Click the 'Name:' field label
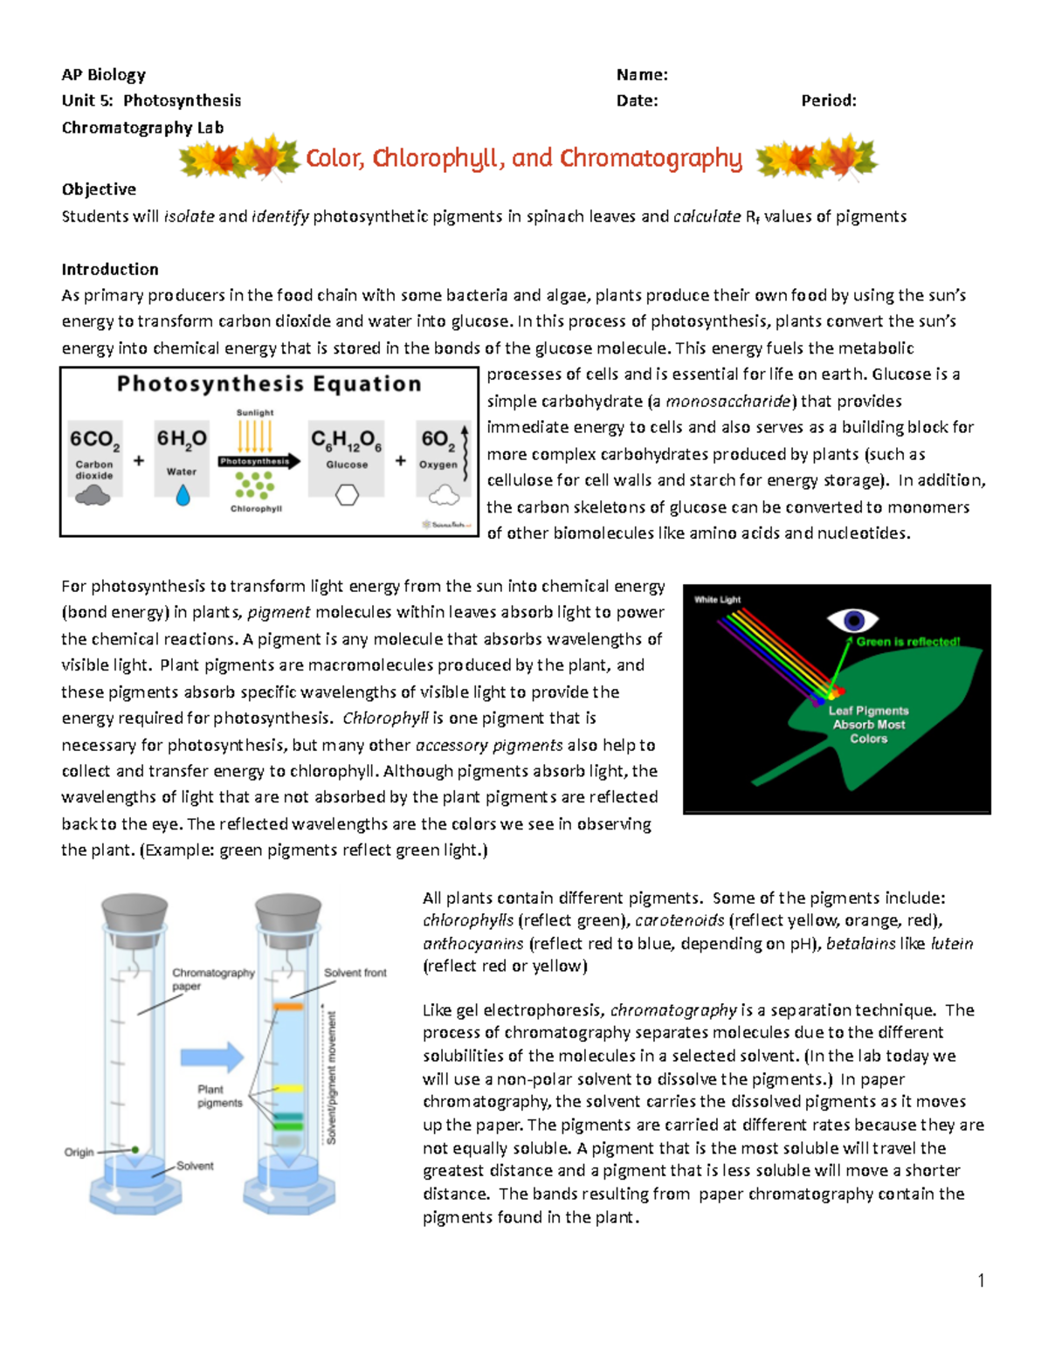click(x=642, y=75)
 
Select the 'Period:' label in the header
click(x=828, y=100)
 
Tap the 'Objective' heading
click(x=99, y=189)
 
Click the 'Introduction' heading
click(x=110, y=269)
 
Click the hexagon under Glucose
click(x=348, y=495)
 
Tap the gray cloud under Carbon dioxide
click(x=93, y=496)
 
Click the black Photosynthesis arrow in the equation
click(x=259, y=461)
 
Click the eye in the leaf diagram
click(x=852, y=620)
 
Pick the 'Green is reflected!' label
click(x=907, y=642)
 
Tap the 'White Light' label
click(x=717, y=600)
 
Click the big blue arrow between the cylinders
click(x=212, y=1057)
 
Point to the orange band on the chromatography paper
click(x=287, y=1007)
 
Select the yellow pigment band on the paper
click(x=287, y=1089)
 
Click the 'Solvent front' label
click(x=355, y=973)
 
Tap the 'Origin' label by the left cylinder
click(x=79, y=1153)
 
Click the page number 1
click(x=982, y=1281)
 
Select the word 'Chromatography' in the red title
click(x=651, y=159)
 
